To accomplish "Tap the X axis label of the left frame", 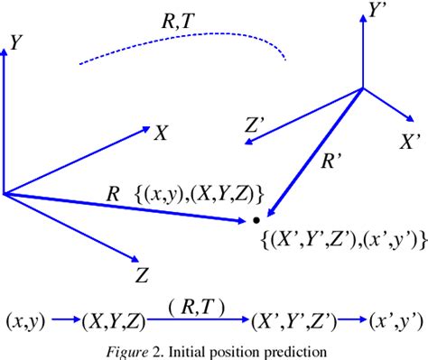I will coord(160,134).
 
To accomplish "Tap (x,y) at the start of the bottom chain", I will coord(23,319).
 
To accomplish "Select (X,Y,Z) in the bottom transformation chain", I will coord(114,319).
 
